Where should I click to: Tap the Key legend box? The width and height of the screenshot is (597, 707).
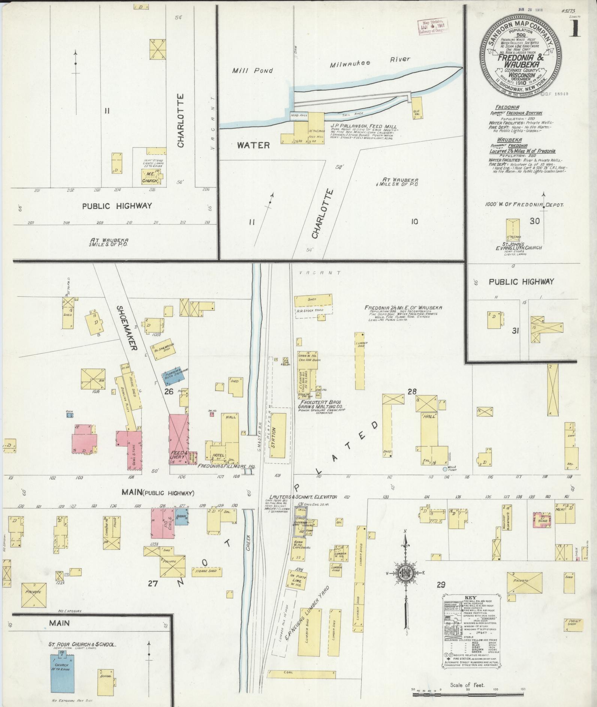tap(470, 626)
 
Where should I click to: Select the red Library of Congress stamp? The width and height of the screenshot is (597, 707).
tap(433, 27)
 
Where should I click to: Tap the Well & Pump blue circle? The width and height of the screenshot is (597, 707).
tap(445, 469)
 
